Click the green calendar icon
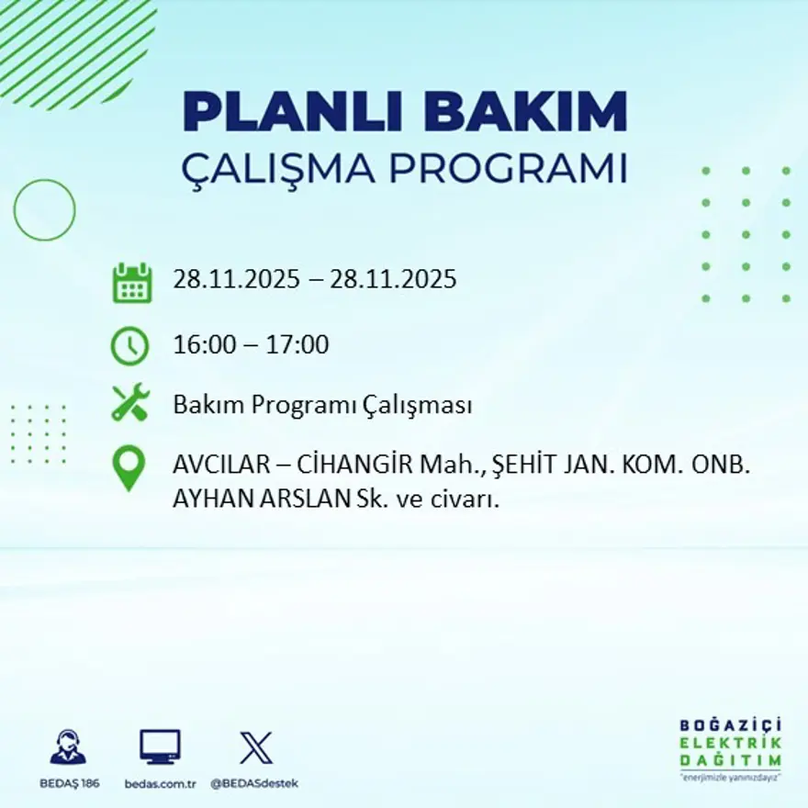pos(131,283)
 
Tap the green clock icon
pos(129,346)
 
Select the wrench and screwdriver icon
pos(130,404)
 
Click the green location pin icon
pos(129,467)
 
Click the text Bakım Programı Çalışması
pos(322,405)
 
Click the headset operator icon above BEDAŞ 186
pos(68,747)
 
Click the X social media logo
pos(255,747)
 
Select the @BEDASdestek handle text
pos(254,783)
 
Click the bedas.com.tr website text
pos(161,783)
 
